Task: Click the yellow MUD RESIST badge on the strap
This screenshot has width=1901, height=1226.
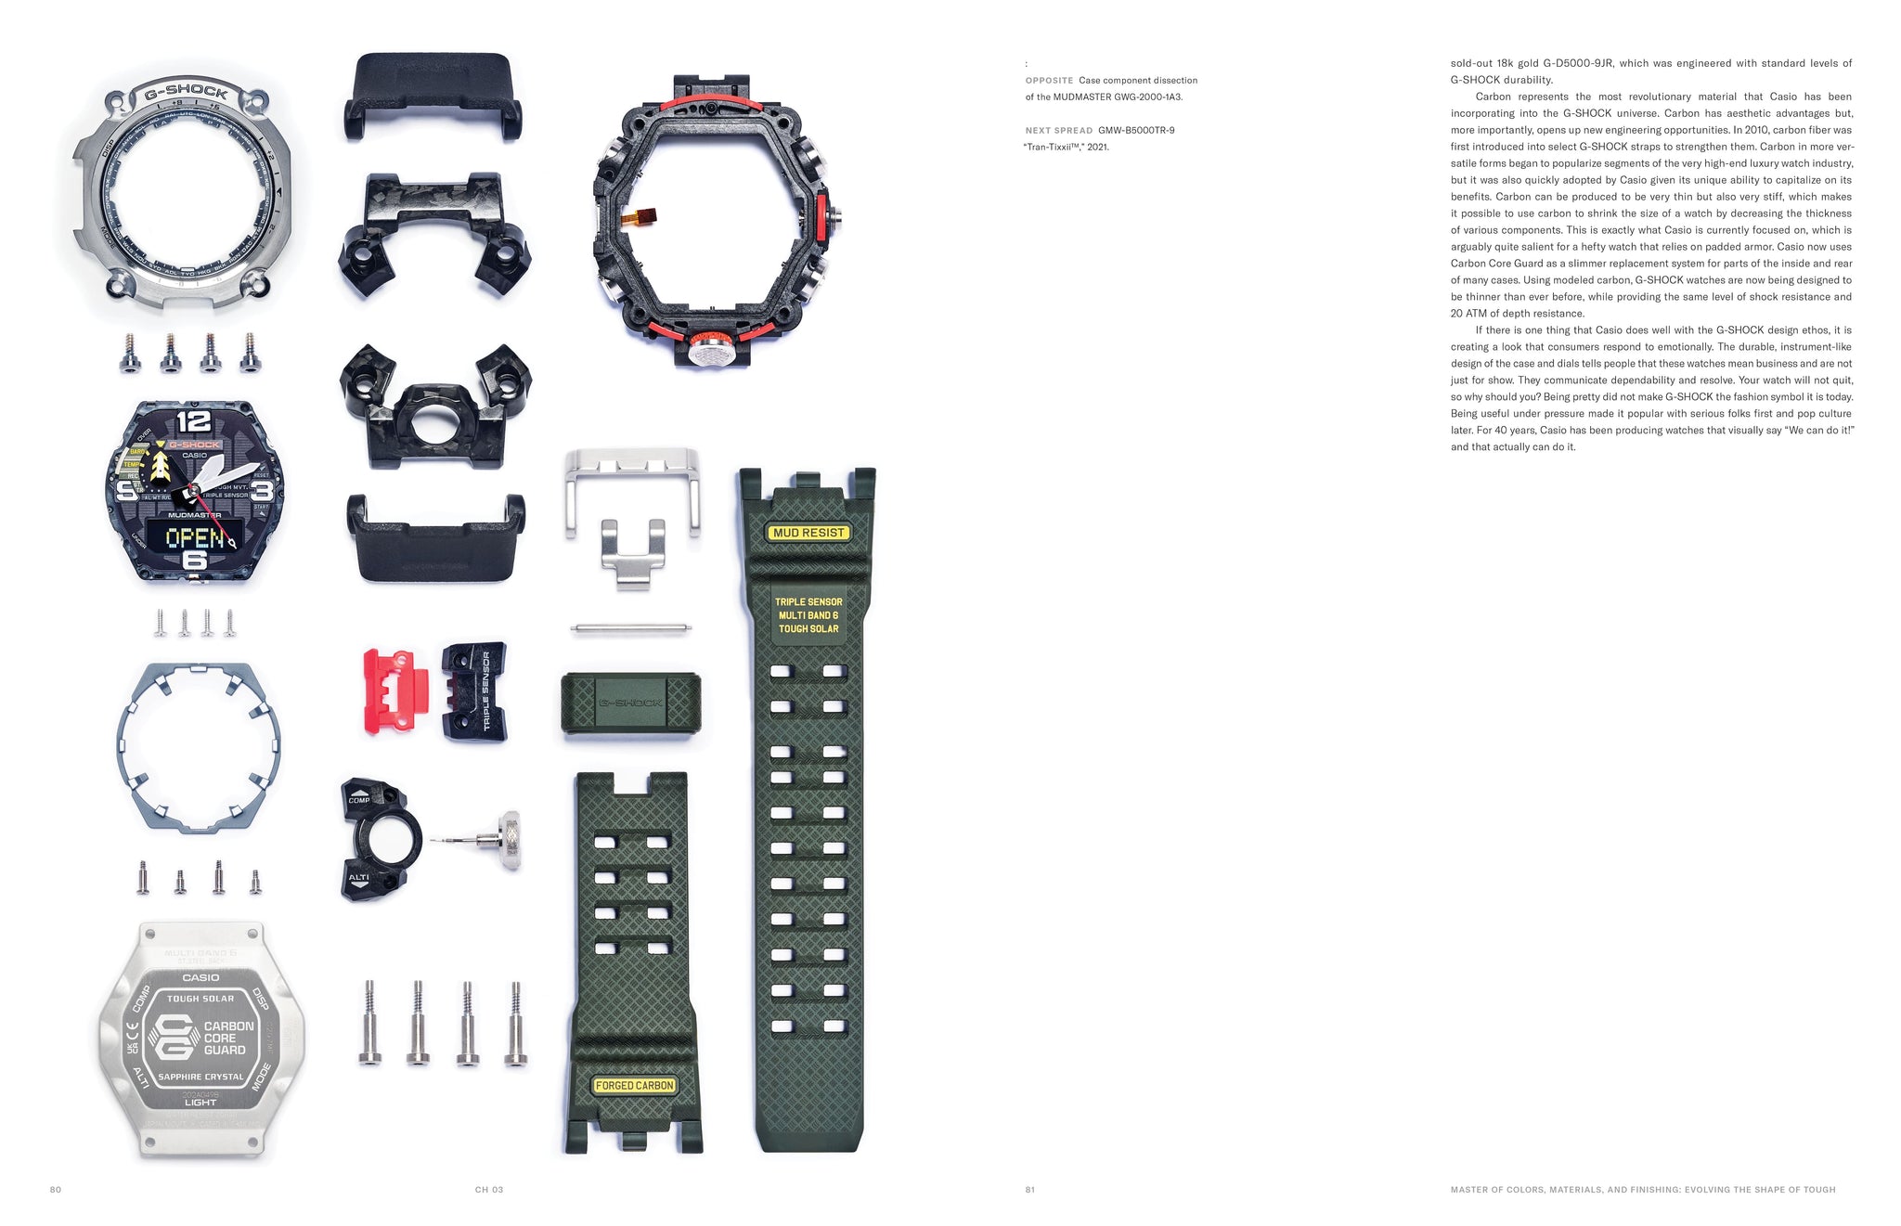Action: [808, 533]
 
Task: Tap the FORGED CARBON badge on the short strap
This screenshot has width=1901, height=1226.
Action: [635, 1085]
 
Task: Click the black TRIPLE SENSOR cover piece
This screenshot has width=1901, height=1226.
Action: [474, 690]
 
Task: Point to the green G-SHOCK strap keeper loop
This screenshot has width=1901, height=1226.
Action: [631, 703]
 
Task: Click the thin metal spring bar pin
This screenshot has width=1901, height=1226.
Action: [631, 629]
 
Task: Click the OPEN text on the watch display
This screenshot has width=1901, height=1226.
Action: [194, 537]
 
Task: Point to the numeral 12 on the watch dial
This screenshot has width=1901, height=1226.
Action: [194, 421]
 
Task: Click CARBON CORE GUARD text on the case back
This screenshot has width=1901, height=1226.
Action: [226, 1039]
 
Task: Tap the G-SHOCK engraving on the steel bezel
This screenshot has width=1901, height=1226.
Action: [187, 92]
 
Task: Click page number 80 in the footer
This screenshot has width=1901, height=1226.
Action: [56, 1190]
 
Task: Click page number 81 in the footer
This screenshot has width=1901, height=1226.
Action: [1030, 1190]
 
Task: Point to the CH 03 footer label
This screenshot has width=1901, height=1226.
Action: [489, 1190]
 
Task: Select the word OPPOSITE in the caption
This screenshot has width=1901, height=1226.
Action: [1049, 81]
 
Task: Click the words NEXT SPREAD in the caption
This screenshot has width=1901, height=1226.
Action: [1058, 131]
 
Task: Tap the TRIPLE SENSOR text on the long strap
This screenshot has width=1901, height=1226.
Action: [808, 602]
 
